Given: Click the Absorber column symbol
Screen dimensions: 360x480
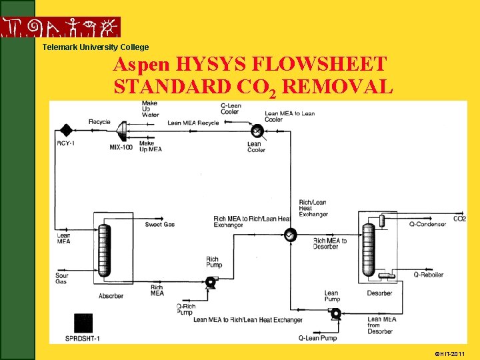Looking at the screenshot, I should (104, 250).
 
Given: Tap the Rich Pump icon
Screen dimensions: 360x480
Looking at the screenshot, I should (211, 282).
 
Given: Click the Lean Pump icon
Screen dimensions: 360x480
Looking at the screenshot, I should (335, 313).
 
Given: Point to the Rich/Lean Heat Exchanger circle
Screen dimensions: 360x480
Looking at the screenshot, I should (290, 234).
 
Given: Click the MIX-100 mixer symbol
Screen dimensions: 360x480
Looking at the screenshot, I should (122, 129).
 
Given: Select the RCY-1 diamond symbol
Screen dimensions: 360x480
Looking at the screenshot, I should (65, 129).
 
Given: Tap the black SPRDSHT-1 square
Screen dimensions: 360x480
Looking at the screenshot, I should (83, 323).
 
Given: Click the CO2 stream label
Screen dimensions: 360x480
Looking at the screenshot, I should (459, 219).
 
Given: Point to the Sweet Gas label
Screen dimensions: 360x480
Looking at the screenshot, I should (160, 225).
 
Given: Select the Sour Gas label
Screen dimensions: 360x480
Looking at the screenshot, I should (61, 279).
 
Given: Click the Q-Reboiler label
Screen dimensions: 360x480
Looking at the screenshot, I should (429, 275).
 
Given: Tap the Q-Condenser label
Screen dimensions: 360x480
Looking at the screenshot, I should (427, 225).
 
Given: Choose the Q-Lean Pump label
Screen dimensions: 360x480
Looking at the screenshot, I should (318, 338).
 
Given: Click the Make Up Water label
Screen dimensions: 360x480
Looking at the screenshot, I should (150, 109).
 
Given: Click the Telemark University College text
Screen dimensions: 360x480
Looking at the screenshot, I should (95, 47).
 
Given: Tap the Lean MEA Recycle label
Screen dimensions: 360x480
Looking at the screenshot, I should (193, 123).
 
